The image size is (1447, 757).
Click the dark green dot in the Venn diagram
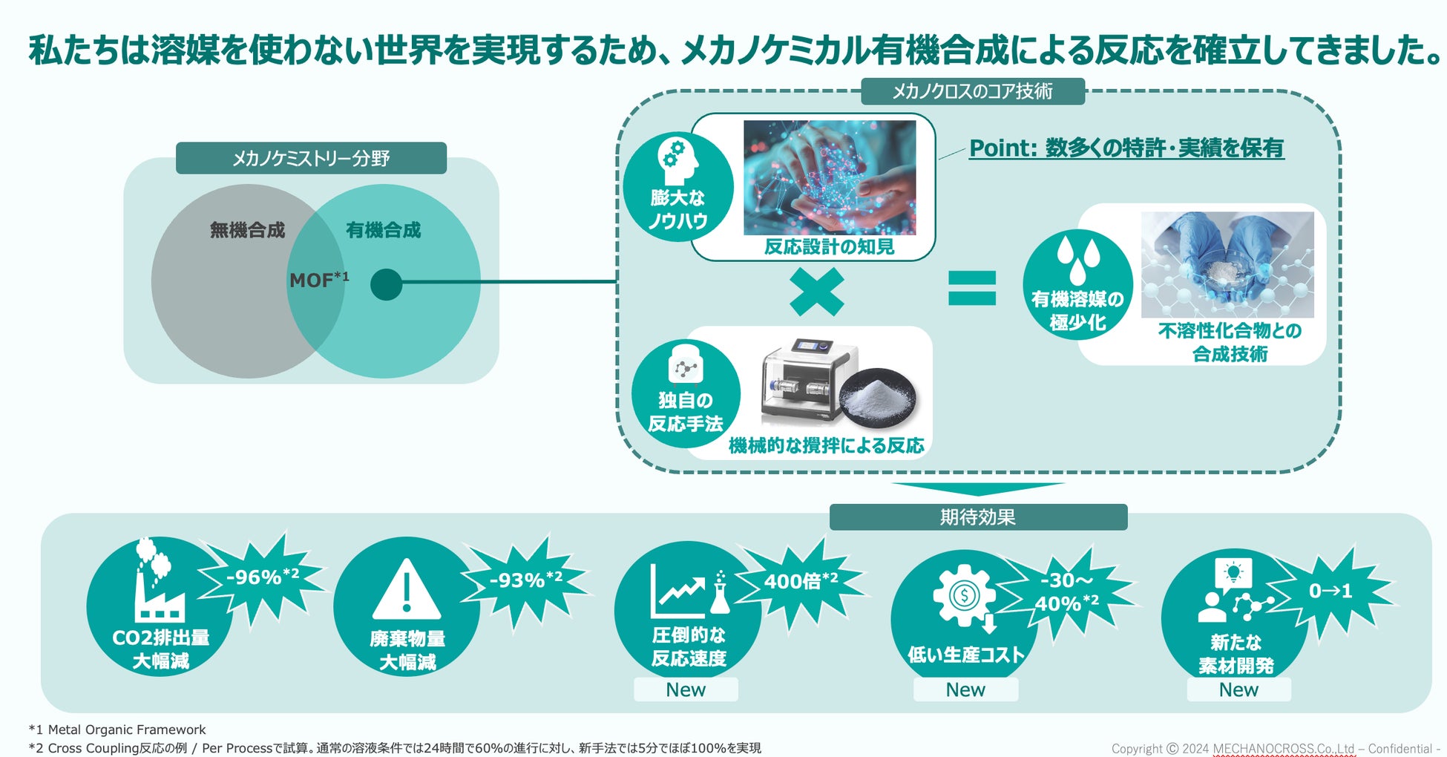coord(386,284)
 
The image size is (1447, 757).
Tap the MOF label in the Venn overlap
coord(318,281)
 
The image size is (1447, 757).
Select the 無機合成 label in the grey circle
coord(247,230)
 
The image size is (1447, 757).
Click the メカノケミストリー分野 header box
coord(311,158)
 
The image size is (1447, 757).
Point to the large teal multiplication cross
coord(816,292)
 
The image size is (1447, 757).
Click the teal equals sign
coord(972,288)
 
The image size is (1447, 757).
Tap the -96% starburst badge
coord(262,577)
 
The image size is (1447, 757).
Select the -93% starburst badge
coord(525,580)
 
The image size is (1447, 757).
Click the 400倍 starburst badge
coord(801,581)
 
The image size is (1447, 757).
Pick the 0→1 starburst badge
coord(1330,591)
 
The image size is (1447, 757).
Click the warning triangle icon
coord(406,590)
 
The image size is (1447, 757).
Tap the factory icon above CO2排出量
coord(157,583)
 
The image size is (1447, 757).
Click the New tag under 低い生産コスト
coord(965,689)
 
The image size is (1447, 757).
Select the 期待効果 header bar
coord(978,517)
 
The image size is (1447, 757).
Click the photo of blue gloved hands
coord(1227,264)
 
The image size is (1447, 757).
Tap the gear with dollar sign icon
coord(964,596)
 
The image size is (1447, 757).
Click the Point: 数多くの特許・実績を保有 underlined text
coord(1126,148)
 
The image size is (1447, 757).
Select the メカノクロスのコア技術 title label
coord(972,91)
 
